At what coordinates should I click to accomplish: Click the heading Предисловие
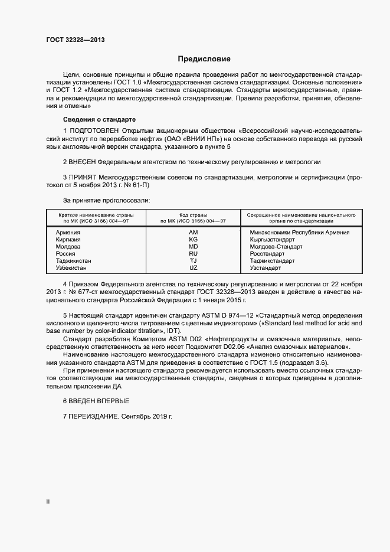point(205,59)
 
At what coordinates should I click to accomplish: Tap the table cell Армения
point(68,233)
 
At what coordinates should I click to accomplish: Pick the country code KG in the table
point(194,240)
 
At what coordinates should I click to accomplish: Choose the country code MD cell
point(194,247)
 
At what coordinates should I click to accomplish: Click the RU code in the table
point(194,254)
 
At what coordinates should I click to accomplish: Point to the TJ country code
point(194,261)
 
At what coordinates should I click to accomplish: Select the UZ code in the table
point(194,268)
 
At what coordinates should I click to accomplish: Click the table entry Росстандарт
point(267,254)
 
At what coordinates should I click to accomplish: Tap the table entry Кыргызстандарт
point(272,240)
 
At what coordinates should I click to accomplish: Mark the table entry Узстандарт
point(266,268)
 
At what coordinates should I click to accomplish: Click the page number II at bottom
point(48,501)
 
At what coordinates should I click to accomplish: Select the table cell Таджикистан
point(73,261)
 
